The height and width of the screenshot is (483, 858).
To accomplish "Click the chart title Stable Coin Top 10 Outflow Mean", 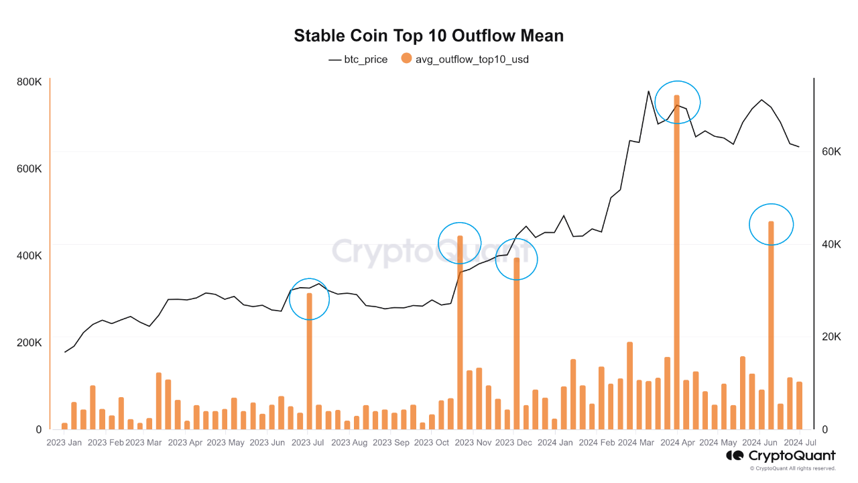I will click(428, 36).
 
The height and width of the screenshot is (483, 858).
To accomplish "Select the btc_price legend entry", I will click(358, 59).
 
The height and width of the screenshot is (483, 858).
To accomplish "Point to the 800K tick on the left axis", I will click(29, 82).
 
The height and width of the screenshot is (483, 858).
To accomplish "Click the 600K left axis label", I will click(29, 169).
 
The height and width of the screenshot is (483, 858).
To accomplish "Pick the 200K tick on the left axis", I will click(29, 343).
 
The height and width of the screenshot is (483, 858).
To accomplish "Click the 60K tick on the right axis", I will click(831, 152).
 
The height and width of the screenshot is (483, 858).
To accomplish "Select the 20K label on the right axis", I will click(831, 337).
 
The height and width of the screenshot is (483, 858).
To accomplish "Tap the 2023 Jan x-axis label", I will click(64, 443).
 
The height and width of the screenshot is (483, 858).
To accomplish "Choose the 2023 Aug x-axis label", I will click(349, 443).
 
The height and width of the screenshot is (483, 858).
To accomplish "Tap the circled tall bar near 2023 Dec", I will click(516, 343).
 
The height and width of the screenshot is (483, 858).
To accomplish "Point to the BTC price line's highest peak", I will click(648, 91).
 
